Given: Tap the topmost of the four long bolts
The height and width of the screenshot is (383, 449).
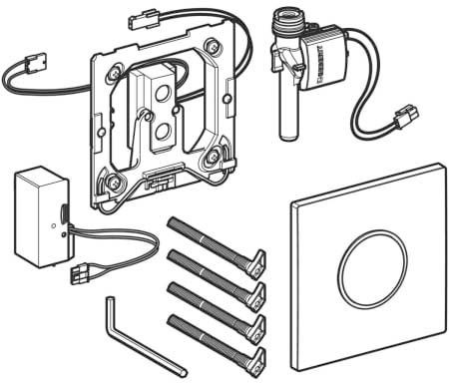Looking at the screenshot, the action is click(x=217, y=245).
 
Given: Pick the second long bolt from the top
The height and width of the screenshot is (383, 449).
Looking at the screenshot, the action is click(x=217, y=278).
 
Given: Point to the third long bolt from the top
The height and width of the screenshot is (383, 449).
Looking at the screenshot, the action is click(x=217, y=310).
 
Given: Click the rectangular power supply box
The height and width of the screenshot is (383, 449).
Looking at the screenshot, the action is click(x=42, y=217).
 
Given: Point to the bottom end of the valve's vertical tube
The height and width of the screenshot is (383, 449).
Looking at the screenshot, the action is click(x=286, y=136).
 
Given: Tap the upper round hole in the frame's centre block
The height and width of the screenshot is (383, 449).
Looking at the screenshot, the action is click(x=163, y=94).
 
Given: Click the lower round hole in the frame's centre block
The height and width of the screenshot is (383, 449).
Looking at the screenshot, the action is click(x=163, y=131).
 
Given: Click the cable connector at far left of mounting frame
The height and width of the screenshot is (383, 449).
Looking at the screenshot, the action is click(x=36, y=63).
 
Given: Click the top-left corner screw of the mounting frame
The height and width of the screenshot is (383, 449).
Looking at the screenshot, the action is click(x=115, y=71).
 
